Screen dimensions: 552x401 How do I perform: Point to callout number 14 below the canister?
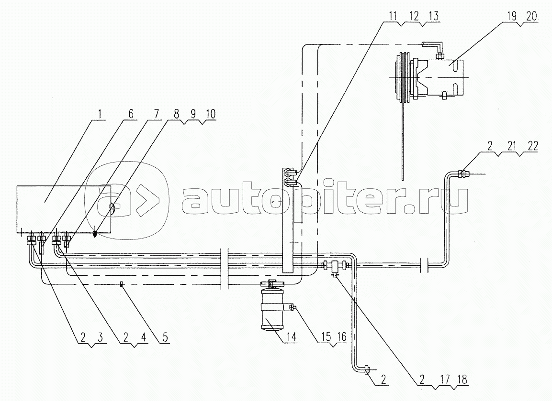292,337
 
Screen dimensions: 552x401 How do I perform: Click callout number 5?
166,337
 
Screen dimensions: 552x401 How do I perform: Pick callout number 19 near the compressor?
513,17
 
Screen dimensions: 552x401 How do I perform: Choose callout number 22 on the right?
533,146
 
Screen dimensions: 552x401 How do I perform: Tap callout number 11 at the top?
393,16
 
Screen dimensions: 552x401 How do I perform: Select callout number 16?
341,337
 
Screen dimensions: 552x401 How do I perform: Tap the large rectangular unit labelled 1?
64,209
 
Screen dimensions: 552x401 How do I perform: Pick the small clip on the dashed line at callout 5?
122,284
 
